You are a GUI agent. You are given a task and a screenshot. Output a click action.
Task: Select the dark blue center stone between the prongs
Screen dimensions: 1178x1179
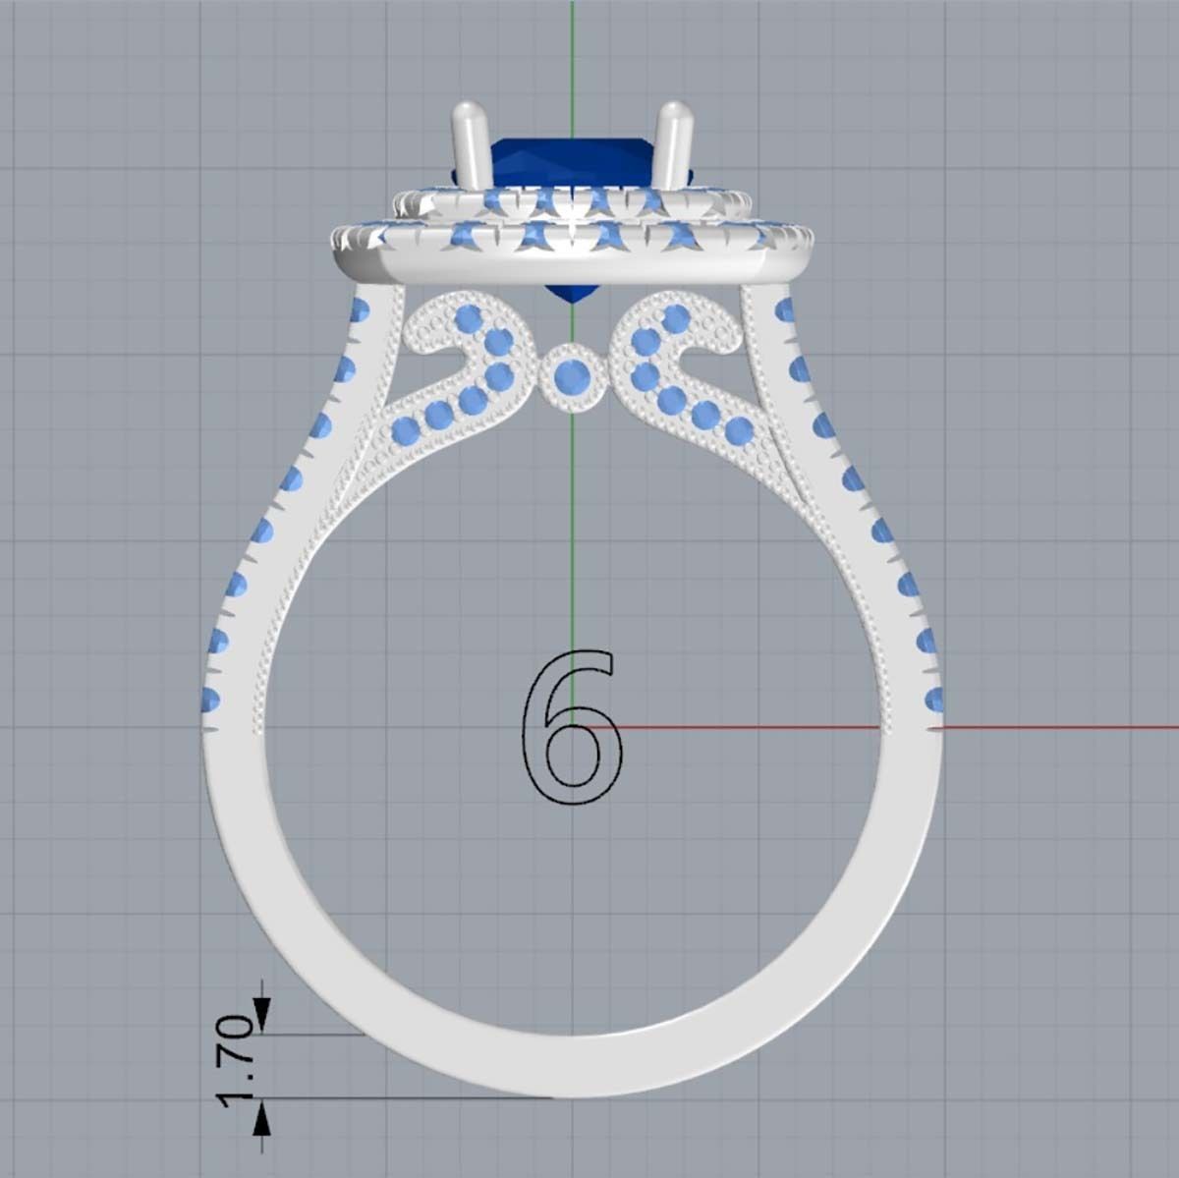tap(570, 162)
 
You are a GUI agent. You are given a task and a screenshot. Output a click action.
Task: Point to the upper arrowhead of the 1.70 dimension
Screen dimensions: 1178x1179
tap(262, 1012)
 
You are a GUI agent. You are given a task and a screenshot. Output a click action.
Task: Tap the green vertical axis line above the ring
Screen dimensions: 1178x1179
tap(571, 49)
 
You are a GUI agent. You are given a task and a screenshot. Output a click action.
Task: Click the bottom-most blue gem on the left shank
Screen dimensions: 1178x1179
tap(209, 701)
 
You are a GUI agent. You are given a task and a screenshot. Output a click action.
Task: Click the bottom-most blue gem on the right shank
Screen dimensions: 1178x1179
tap(933, 701)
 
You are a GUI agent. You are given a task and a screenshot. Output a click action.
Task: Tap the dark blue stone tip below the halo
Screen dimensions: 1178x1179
tap(570, 293)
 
